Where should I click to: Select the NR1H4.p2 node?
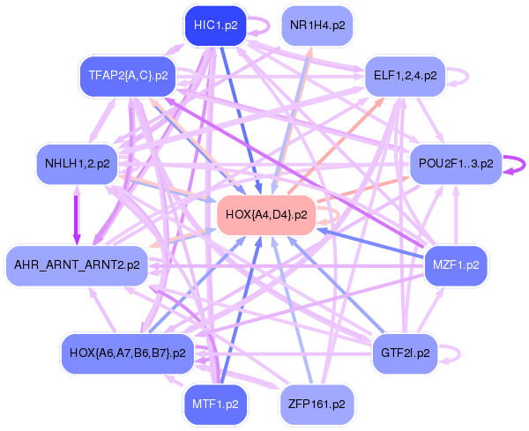pos(317,26)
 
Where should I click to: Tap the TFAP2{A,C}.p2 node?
pos(129,75)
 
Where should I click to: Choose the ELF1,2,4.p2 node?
pos(405,75)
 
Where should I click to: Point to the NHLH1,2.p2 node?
pos(78,163)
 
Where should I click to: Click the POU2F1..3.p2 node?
pos(455,163)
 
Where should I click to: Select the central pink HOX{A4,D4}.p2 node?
pos(266,214)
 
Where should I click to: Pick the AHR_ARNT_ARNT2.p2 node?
pos(78,264)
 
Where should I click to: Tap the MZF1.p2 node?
pos(456,264)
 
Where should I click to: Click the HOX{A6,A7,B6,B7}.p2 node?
pos(127,353)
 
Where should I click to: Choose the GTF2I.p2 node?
pos(405,353)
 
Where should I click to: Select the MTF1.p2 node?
pos(214,404)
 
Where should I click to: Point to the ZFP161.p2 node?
pos(317,404)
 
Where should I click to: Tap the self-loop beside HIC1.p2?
pos(261,26)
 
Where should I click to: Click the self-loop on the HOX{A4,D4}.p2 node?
pos(330,214)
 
